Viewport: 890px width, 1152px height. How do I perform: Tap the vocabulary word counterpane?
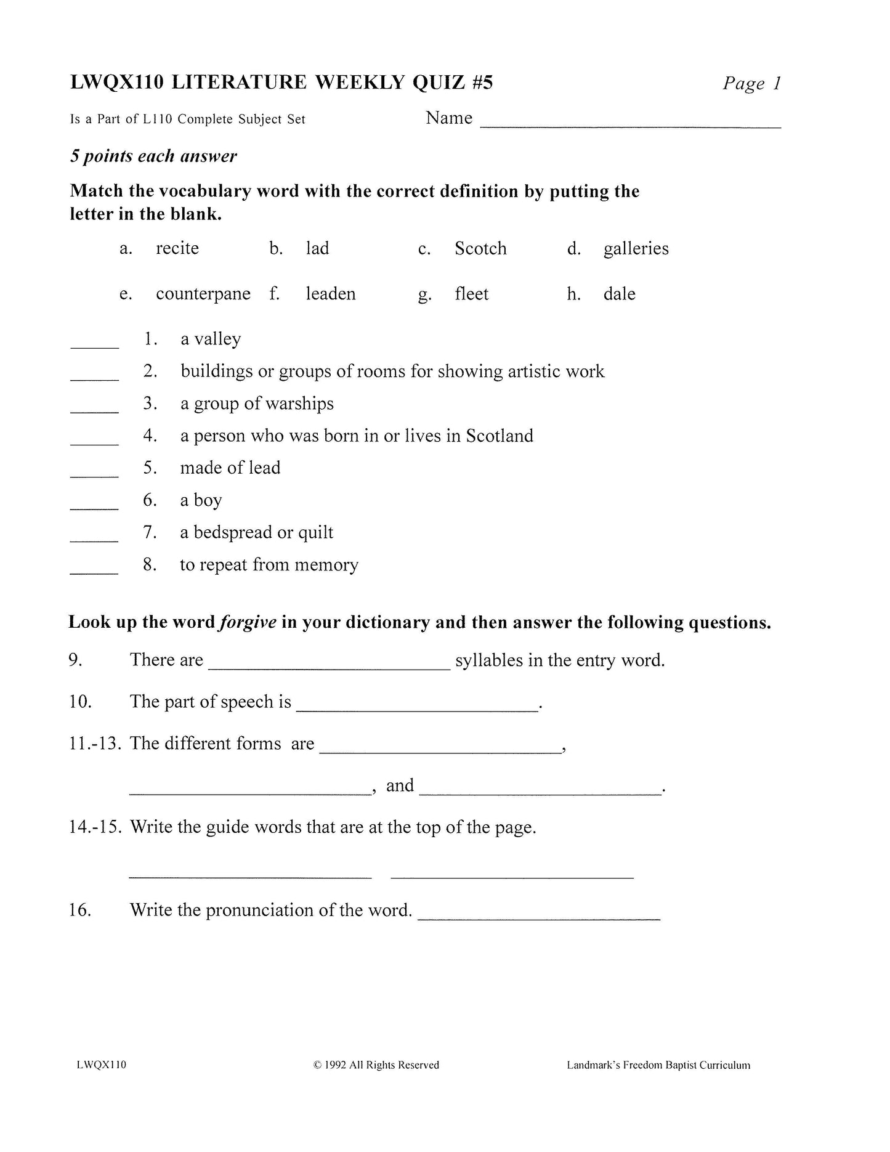(x=203, y=294)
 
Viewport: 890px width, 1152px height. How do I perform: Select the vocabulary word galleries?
(x=636, y=248)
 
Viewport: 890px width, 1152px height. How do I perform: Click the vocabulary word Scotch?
(x=480, y=248)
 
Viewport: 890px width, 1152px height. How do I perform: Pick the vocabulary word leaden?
(x=331, y=294)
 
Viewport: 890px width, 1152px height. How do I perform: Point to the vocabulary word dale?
(x=619, y=294)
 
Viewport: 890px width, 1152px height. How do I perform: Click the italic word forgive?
(x=248, y=622)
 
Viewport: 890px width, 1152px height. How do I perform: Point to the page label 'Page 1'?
(x=751, y=83)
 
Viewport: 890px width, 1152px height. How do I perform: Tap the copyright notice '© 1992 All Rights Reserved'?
(x=376, y=1065)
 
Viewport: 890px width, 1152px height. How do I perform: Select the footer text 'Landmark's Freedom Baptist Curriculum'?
(x=658, y=1065)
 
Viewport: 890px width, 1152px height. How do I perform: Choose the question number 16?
(x=80, y=910)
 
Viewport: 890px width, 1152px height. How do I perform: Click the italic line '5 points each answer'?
(x=153, y=156)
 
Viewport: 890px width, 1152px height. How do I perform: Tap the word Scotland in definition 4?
(x=500, y=436)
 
